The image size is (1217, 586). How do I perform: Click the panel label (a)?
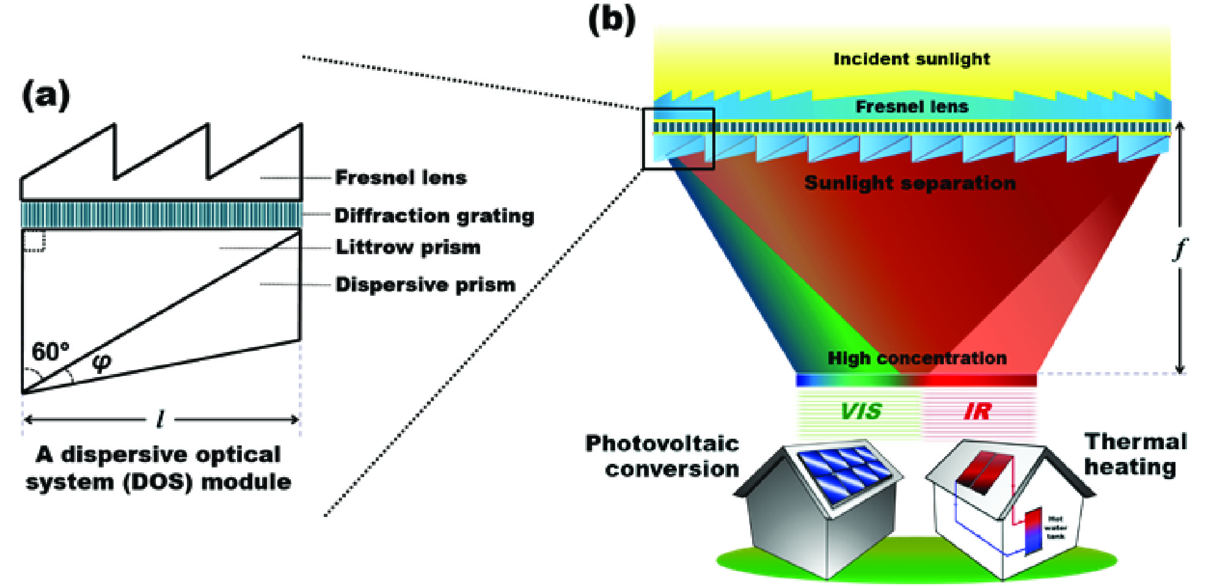[46, 97]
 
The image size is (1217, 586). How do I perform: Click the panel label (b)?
[612, 20]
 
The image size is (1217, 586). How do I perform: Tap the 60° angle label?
[50, 352]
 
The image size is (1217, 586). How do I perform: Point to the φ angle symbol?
[101, 362]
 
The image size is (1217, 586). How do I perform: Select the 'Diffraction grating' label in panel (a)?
[434, 216]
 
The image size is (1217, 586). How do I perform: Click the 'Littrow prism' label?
[407, 247]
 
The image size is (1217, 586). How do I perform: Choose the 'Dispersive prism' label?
[425, 285]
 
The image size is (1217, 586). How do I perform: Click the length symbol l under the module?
[160, 420]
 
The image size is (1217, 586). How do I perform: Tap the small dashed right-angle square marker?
[34, 241]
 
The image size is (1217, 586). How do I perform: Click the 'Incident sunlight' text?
[911, 59]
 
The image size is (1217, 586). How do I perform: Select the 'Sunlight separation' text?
[910, 183]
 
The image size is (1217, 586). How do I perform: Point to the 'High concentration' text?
[916, 358]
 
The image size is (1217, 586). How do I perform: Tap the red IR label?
[977, 412]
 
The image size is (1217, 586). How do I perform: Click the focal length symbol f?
[1180, 249]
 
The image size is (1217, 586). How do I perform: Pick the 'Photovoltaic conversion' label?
[663, 456]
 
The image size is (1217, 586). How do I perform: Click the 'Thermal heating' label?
[1135, 454]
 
